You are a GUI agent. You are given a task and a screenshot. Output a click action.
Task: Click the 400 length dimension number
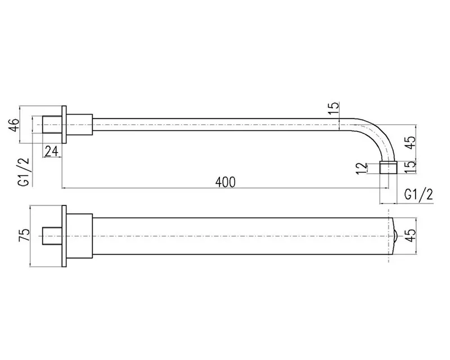226,182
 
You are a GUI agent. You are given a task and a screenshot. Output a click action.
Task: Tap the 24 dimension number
52,151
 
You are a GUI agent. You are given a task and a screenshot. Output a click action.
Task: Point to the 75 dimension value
24,236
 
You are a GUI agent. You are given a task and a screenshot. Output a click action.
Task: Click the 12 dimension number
362,168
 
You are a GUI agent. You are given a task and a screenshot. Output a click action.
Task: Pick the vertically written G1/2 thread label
24,172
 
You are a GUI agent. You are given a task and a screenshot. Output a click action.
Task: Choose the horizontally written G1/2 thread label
418,195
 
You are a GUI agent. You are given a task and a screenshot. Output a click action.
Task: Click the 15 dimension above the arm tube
333,108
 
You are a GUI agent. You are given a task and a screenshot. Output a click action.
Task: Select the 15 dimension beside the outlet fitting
411,167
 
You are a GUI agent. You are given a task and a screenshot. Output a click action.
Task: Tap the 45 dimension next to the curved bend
411,142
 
